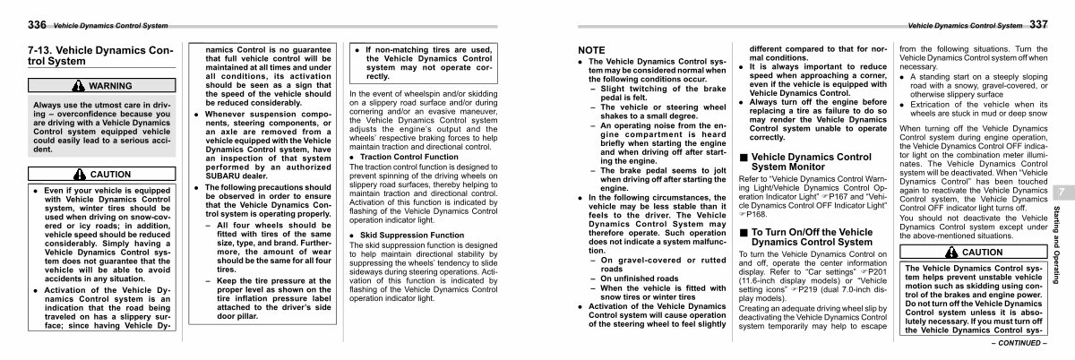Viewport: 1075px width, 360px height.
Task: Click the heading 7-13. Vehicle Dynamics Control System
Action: pyautogui.click(x=88, y=56)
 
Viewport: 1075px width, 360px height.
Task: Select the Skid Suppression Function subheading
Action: pyautogui.click(x=406, y=235)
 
